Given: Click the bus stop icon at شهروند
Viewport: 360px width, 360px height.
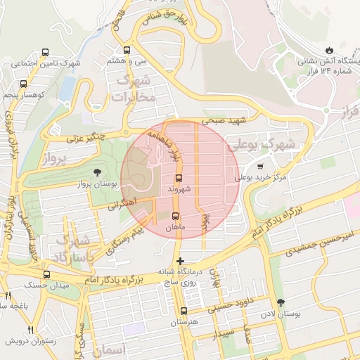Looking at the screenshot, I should pyautogui.click(x=178, y=178).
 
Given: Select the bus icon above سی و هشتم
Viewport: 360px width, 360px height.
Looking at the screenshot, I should pyautogui.click(x=127, y=51).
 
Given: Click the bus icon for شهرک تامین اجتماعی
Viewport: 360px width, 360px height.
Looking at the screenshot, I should pyautogui.click(x=46, y=53).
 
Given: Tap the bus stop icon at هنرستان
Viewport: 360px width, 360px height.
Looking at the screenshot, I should pyautogui.click(x=184, y=311).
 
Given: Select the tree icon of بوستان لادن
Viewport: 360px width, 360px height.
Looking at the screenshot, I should pyautogui.click(x=281, y=302).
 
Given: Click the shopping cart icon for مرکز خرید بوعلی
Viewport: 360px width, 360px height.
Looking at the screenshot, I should pyautogui.click(x=261, y=167).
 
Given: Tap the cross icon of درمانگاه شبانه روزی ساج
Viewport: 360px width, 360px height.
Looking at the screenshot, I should pyautogui.click(x=181, y=262).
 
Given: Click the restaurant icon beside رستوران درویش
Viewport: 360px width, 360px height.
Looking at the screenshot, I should pyautogui.click(x=30, y=330).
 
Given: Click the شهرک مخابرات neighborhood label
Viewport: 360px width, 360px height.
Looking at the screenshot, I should pyautogui.click(x=134, y=89).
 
